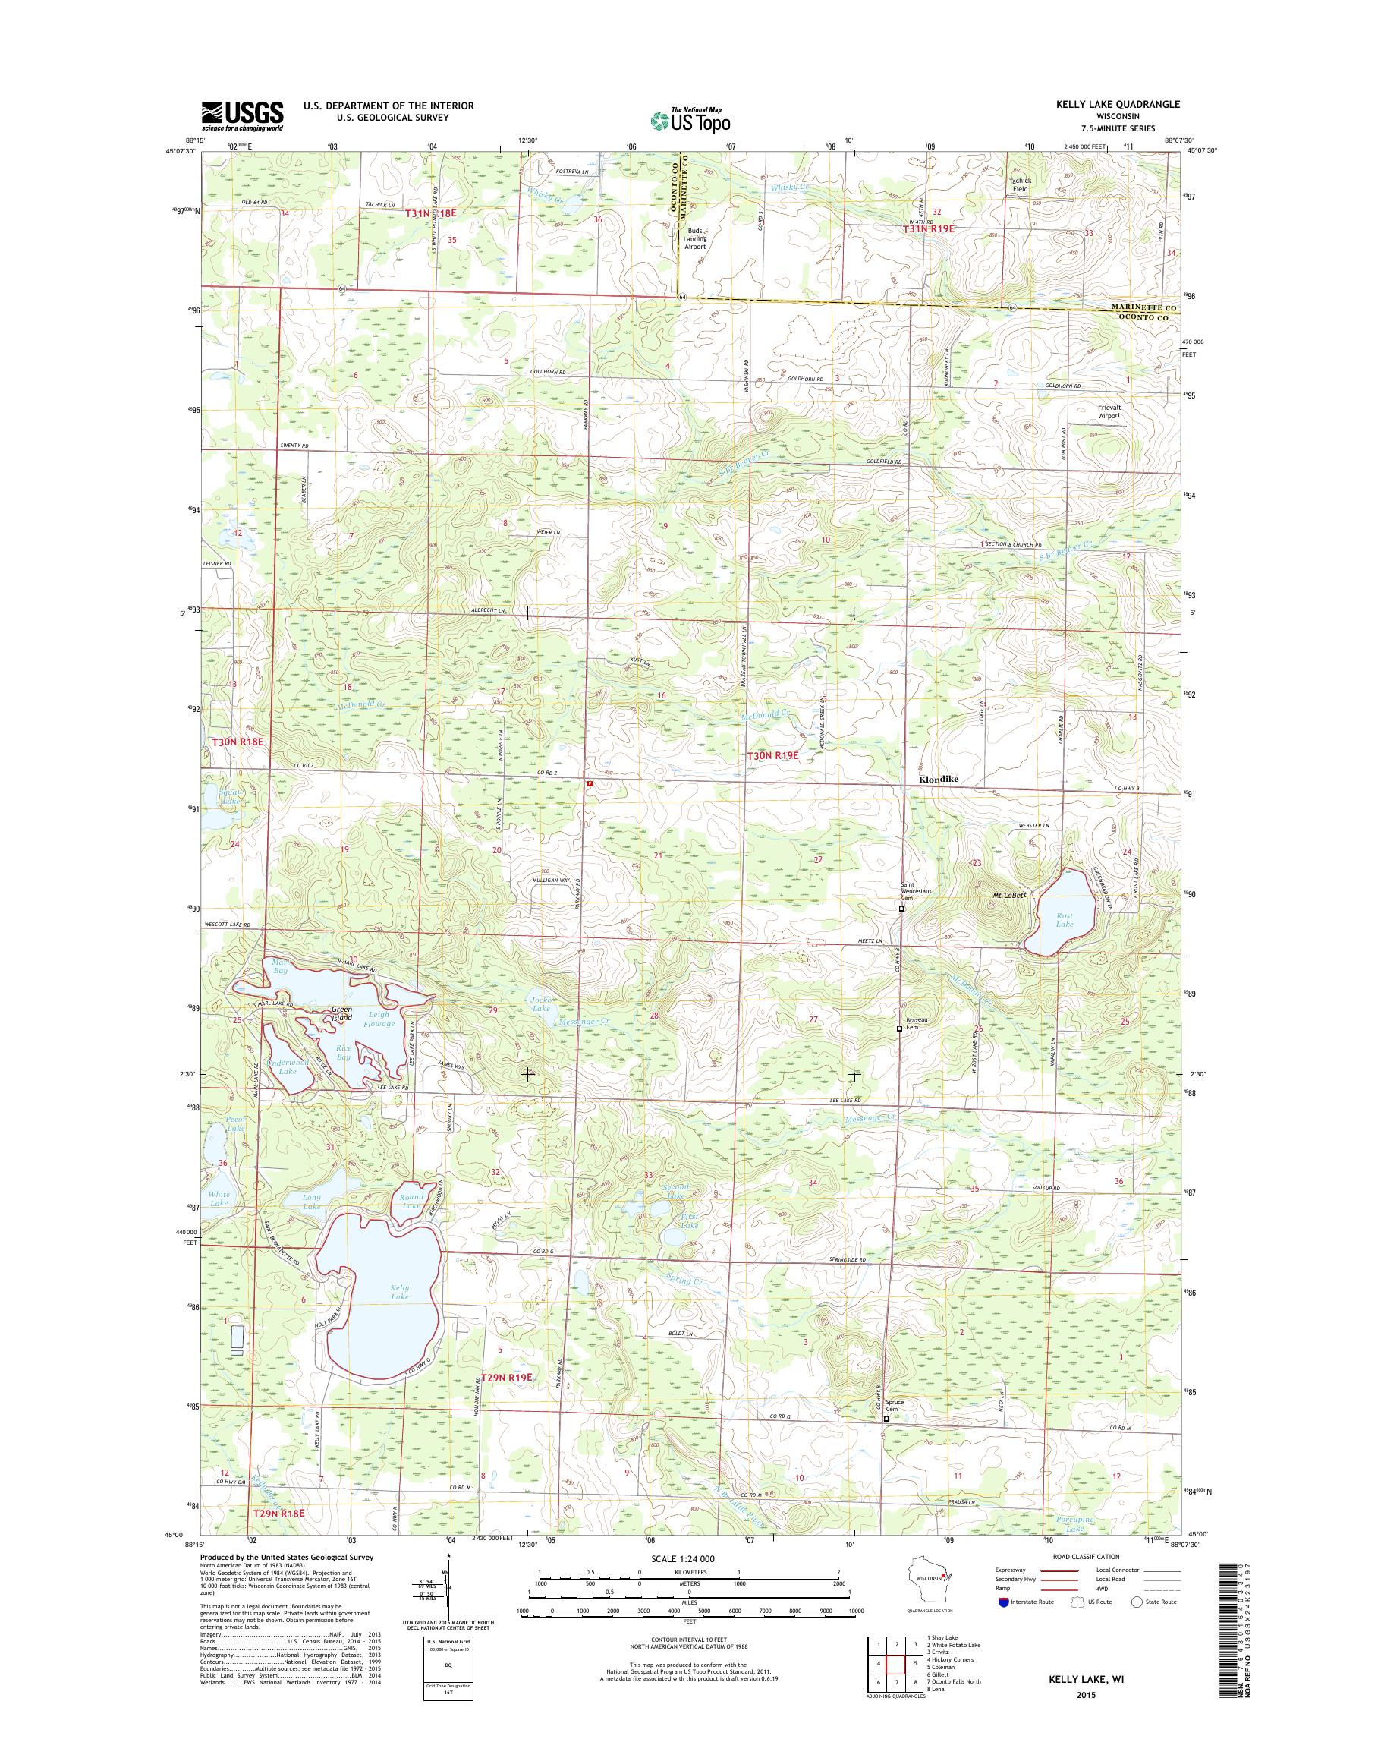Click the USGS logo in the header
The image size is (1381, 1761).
[x=242, y=115]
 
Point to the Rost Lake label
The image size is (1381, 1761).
[x=1064, y=920]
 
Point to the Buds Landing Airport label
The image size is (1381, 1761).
[x=694, y=238]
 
